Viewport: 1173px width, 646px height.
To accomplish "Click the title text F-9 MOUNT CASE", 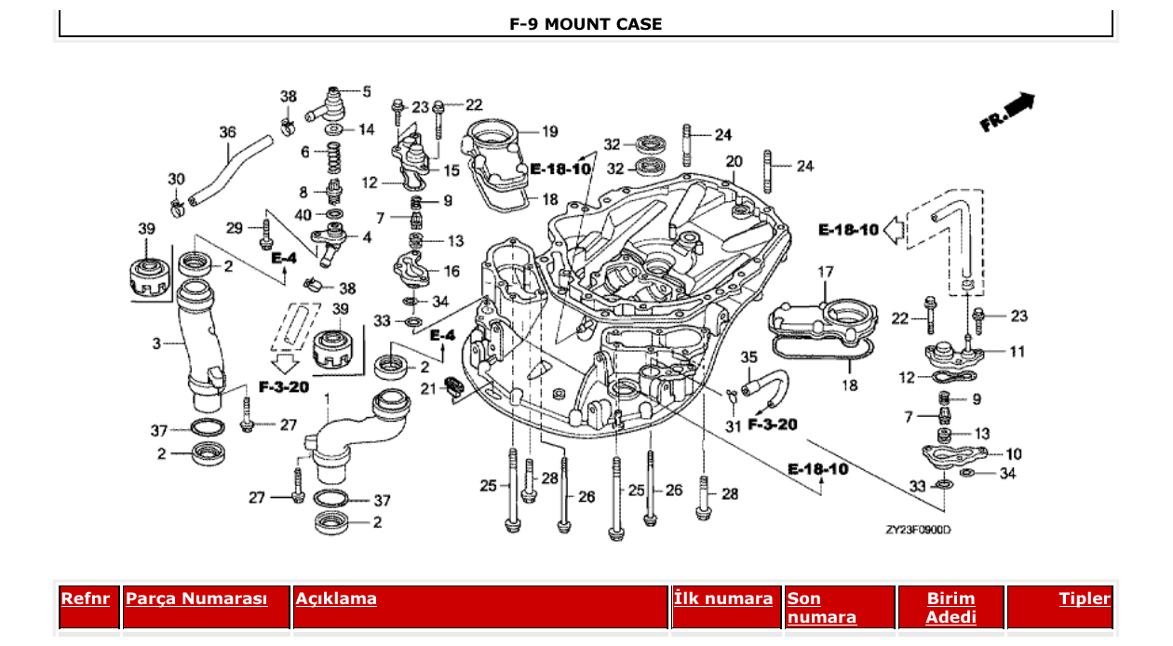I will [586, 24].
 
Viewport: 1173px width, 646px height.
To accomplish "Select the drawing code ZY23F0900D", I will [918, 530].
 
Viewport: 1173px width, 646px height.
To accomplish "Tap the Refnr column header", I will [86, 599].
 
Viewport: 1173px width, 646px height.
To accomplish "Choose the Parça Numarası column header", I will [196, 599].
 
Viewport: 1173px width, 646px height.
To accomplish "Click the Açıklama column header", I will [336, 599].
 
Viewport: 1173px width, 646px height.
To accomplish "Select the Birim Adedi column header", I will [951, 607].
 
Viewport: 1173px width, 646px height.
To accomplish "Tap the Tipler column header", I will [1085, 599].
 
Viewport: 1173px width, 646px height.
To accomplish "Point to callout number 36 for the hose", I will [228, 133].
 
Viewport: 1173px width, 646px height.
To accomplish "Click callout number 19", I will [549, 131].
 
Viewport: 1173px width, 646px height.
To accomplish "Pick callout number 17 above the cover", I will [825, 273].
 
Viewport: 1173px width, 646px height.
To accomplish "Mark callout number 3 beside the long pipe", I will [156, 343].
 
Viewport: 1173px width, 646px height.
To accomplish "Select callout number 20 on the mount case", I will [734, 161].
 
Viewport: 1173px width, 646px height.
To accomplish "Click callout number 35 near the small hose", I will [748, 357].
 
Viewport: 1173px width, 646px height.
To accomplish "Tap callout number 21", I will [426, 387].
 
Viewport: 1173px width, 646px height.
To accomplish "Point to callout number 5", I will [366, 92].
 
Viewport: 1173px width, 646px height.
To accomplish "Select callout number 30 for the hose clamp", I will [176, 179].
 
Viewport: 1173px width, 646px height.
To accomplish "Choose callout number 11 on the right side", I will [1018, 352].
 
